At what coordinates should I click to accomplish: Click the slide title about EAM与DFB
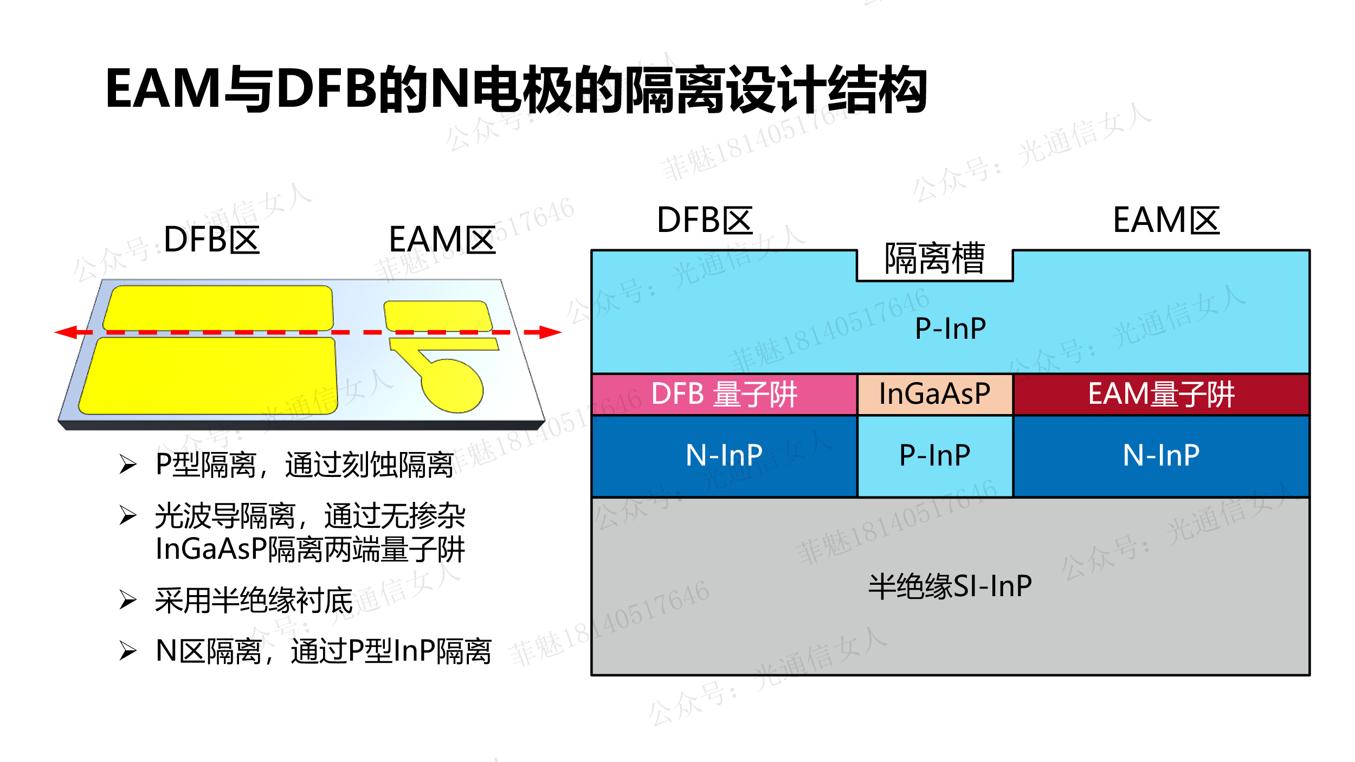pyautogui.click(x=516, y=89)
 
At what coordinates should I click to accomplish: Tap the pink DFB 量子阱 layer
pyautogui.click(x=724, y=394)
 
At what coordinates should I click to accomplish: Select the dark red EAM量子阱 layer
pyautogui.click(x=1161, y=394)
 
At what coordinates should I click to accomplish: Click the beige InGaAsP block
pyautogui.click(x=934, y=394)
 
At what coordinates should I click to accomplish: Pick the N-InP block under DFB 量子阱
pyautogui.click(x=724, y=455)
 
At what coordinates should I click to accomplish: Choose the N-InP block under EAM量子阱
pyautogui.click(x=1161, y=455)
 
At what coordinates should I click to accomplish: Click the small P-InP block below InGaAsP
pyautogui.click(x=934, y=455)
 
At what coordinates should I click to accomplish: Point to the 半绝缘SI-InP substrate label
pyautogui.click(x=950, y=586)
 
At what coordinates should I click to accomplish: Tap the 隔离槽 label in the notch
pyautogui.click(x=934, y=259)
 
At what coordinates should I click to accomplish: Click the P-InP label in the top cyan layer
pyautogui.click(x=950, y=328)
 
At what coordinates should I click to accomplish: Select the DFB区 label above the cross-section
pyautogui.click(x=705, y=221)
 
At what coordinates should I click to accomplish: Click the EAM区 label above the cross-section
pyautogui.click(x=1166, y=221)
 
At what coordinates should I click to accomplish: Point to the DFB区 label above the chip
pyautogui.click(x=211, y=240)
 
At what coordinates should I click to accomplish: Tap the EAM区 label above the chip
pyautogui.click(x=442, y=240)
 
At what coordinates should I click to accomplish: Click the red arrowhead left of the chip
pyautogui.click(x=66, y=332)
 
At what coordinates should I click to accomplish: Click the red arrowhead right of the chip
pyautogui.click(x=550, y=332)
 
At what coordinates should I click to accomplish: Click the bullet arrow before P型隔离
pyautogui.click(x=128, y=464)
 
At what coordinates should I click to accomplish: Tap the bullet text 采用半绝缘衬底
pyautogui.click(x=254, y=600)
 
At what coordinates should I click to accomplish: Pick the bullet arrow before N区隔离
pyautogui.click(x=128, y=650)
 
